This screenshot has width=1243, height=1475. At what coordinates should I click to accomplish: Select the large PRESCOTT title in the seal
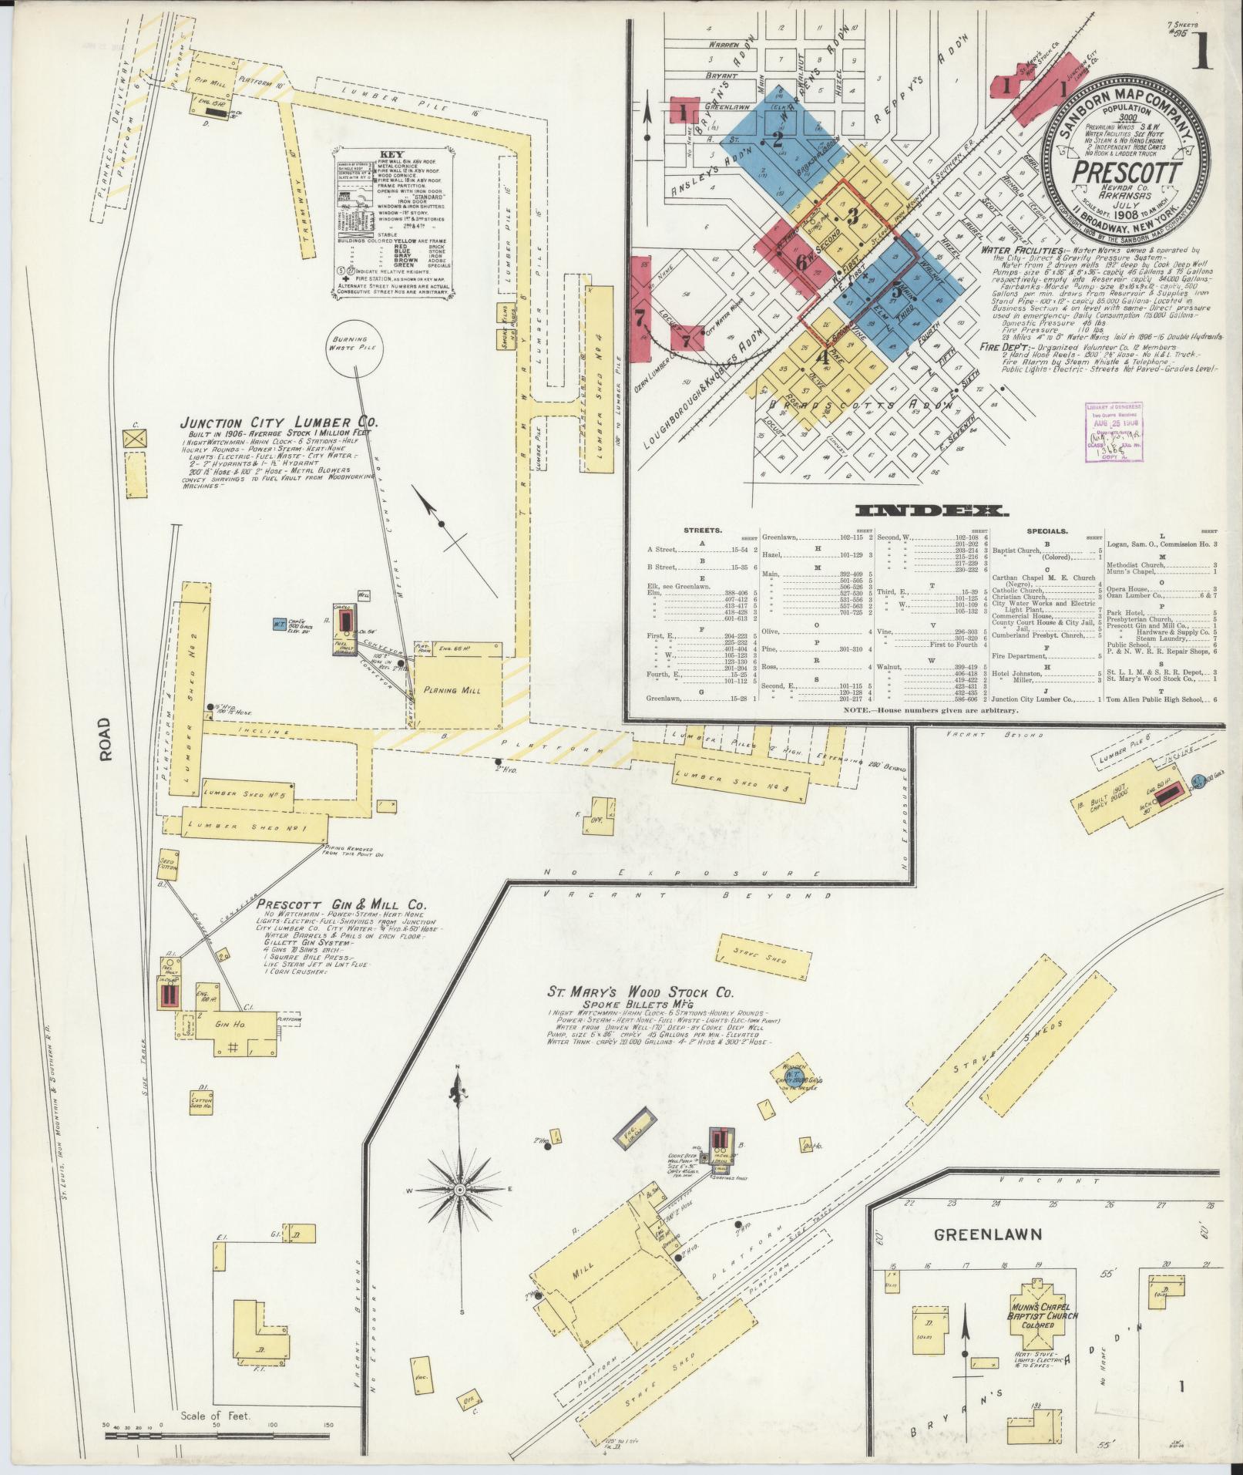[x=1126, y=171]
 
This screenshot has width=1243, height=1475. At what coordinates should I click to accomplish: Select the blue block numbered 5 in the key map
[x=896, y=291]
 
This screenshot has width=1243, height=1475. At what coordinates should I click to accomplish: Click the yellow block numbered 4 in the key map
[x=822, y=357]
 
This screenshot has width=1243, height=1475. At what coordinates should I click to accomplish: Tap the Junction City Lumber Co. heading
[x=278, y=423]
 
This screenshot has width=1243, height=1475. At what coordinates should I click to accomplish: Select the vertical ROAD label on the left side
[x=105, y=739]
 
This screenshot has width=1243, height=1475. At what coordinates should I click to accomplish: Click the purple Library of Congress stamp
[x=1109, y=433]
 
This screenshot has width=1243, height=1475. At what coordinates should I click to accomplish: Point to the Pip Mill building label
[x=208, y=79]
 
